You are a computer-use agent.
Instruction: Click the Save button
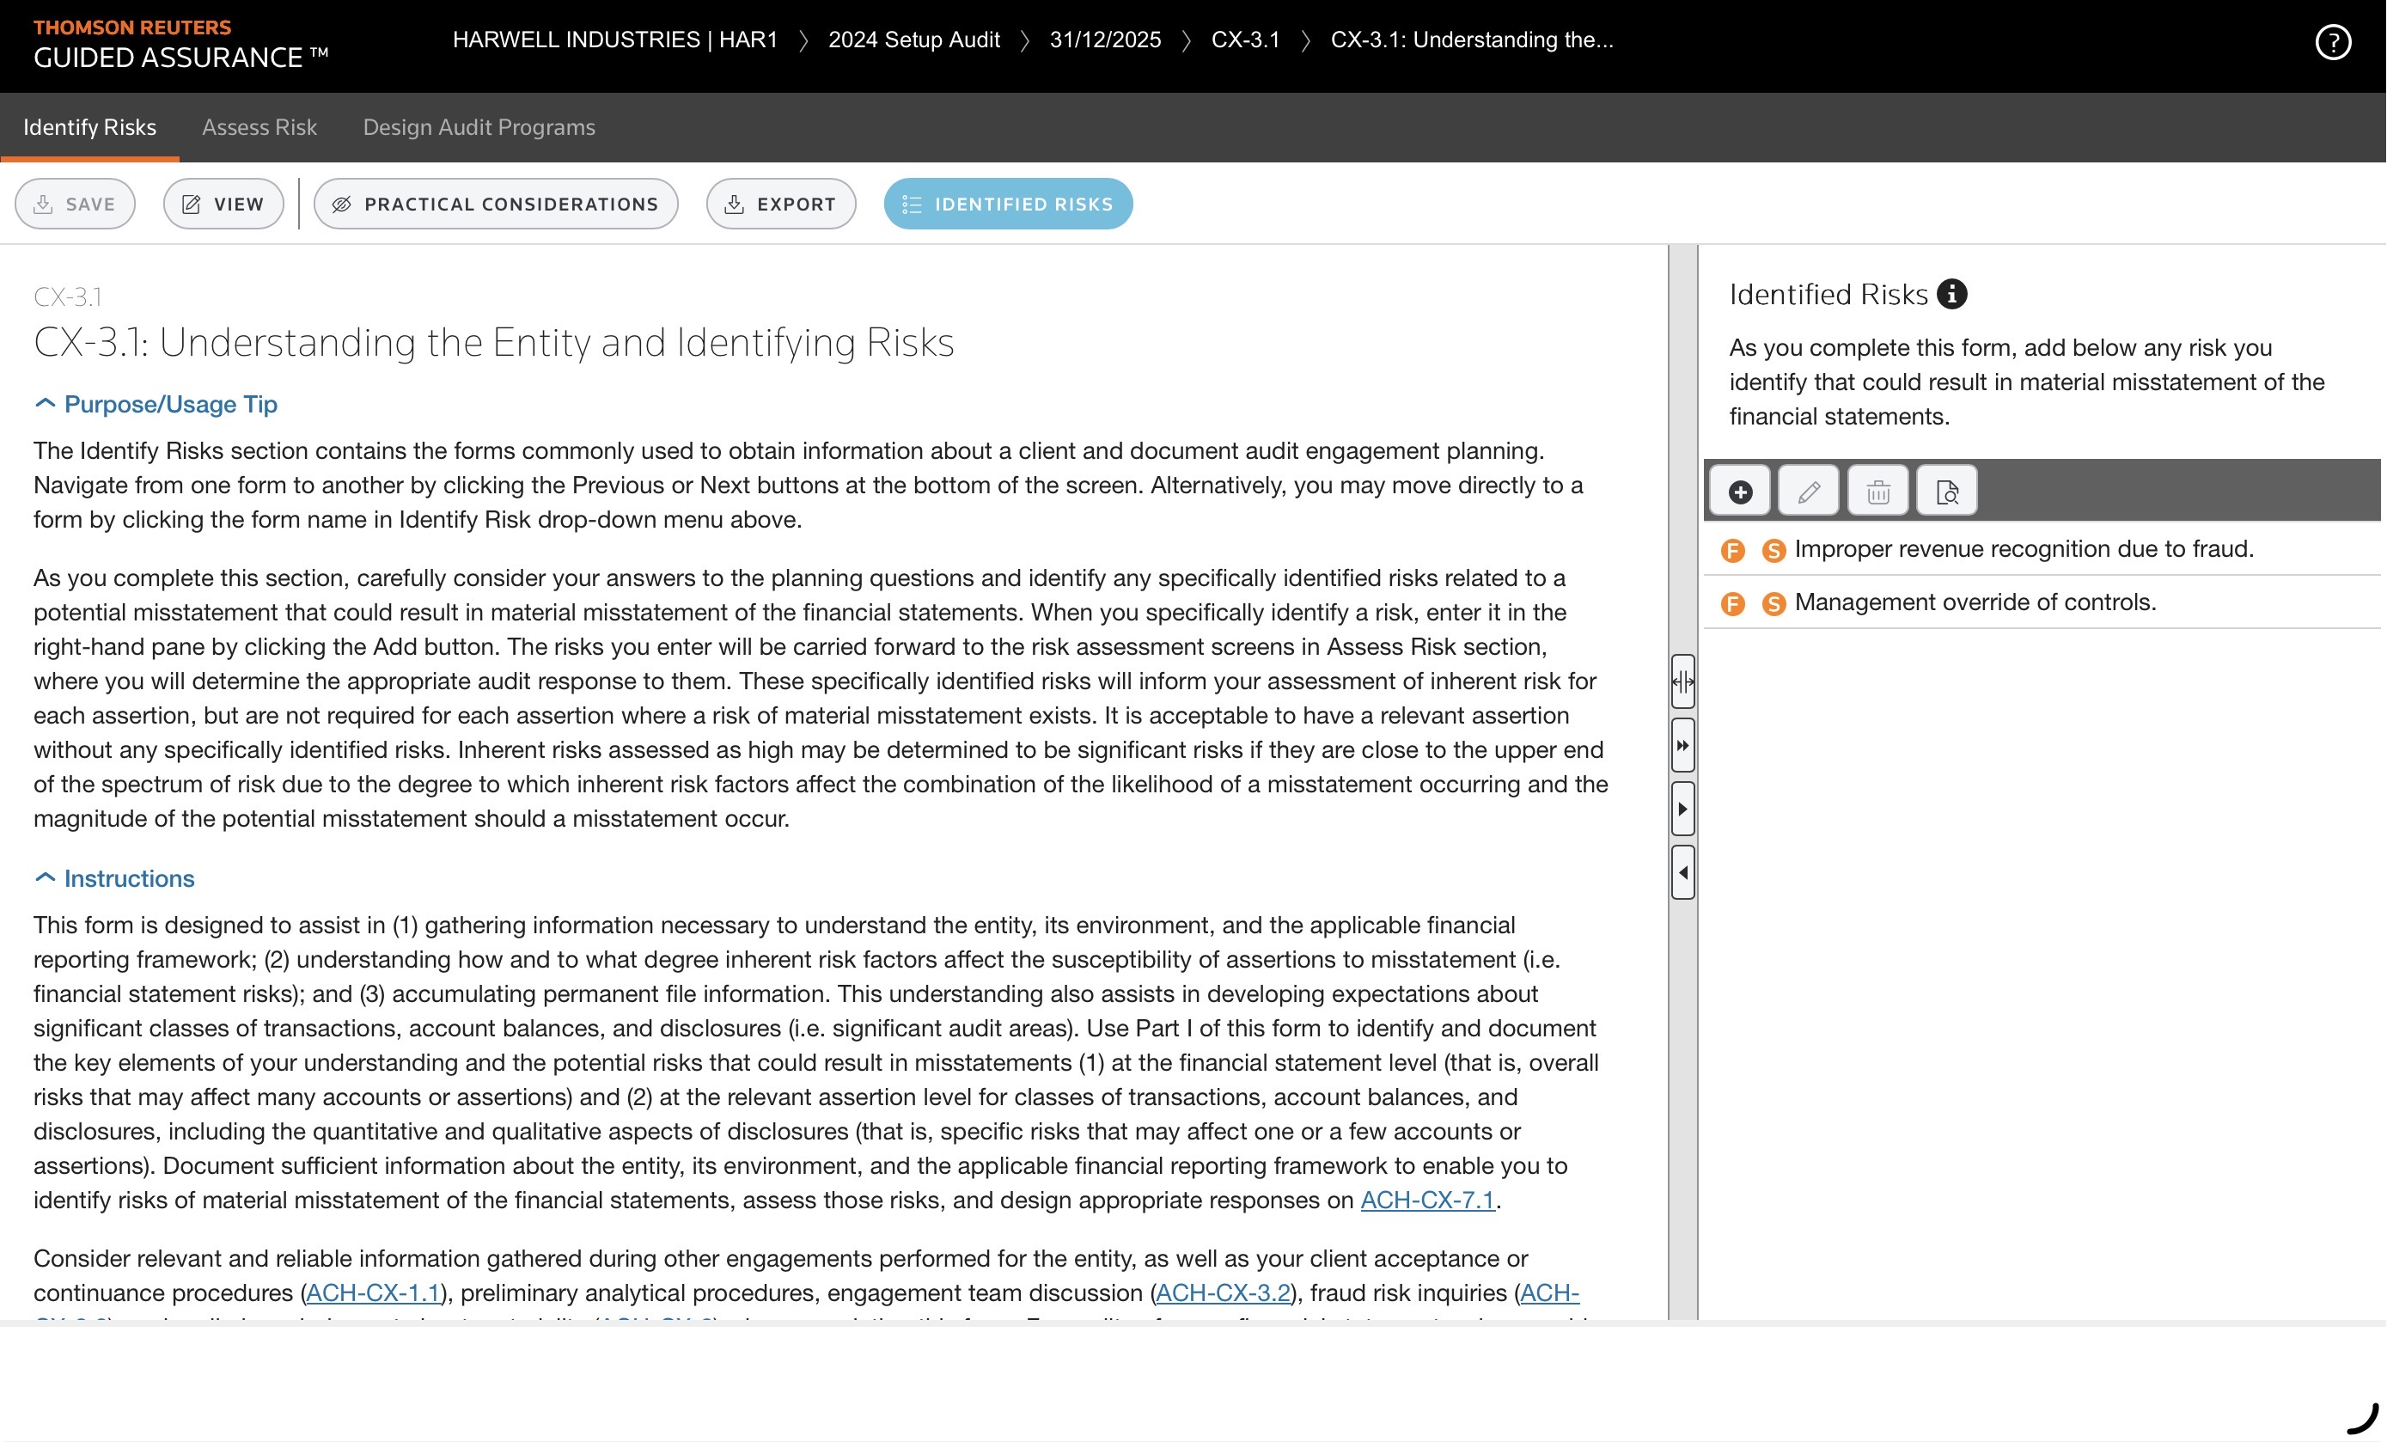point(75,204)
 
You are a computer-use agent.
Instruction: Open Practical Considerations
point(495,204)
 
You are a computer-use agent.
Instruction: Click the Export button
point(780,204)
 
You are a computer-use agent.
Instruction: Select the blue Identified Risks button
point(1008,204)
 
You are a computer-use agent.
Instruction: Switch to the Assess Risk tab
point(259,127)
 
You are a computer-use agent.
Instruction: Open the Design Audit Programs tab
point(479,127)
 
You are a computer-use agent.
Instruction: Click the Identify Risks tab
point(89,127)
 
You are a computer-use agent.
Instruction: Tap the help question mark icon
point(2332,41)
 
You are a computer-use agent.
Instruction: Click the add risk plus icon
point(1740,492)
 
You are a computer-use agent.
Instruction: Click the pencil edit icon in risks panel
point(1808,492)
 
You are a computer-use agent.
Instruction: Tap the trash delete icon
point(1877,492)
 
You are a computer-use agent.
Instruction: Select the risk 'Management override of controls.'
point(1975,602)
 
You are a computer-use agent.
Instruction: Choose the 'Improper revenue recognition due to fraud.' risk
point(2023,548)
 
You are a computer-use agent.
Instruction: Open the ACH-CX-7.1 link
point(1427,1200)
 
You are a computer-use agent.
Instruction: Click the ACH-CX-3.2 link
point(1223,1292)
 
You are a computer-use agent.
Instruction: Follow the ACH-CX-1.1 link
point(373,1292)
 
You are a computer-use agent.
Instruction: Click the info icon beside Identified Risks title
point(1951,294)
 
